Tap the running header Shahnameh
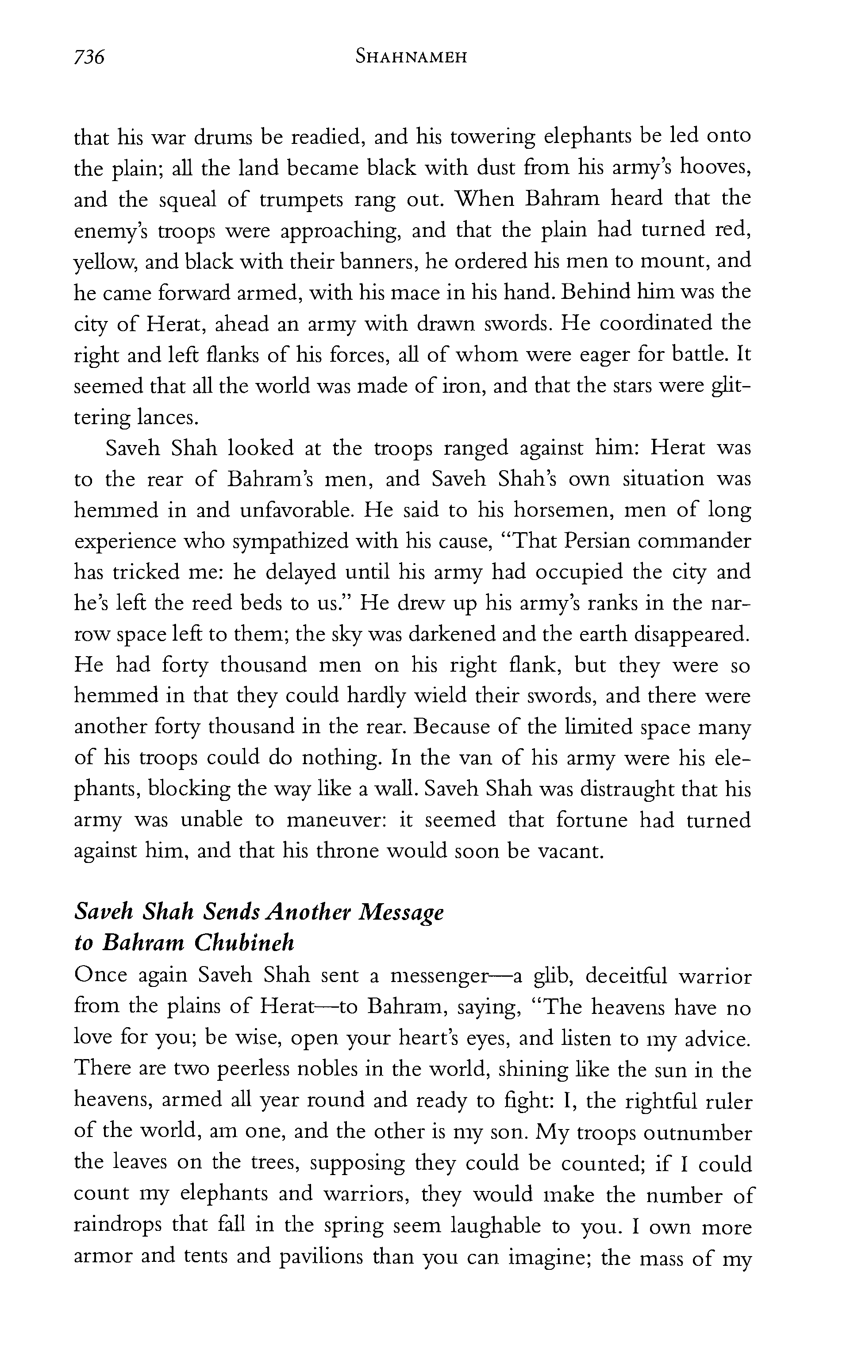[411, 58]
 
